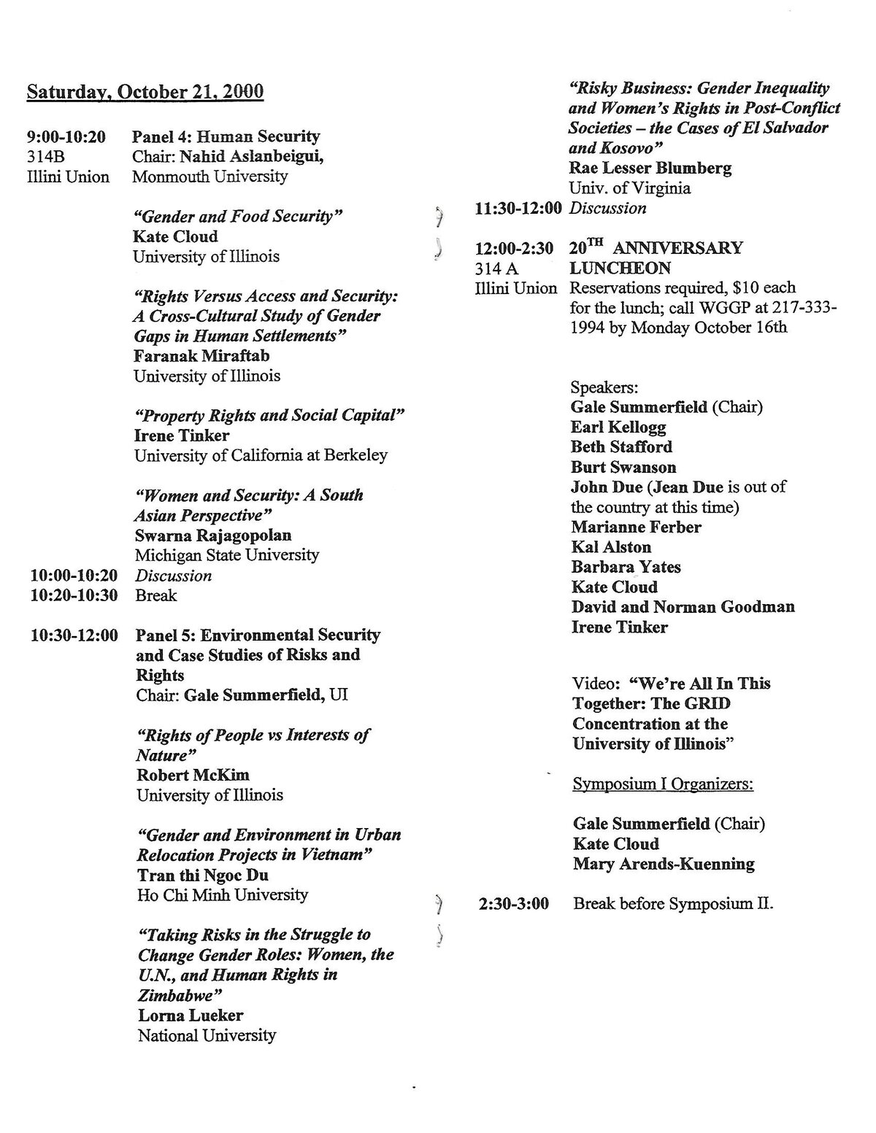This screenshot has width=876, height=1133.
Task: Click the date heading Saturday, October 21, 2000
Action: point(145,93)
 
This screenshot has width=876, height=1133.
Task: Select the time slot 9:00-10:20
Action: point(66,136)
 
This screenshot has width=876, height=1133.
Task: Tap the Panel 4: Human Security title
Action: point(226,136)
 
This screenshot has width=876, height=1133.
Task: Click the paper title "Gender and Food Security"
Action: point(238,216)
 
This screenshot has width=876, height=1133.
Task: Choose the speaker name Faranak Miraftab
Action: point(201,356)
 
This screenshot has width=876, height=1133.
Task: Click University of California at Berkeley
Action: point(261,455)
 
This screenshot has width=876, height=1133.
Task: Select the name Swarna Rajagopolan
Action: point(213,535)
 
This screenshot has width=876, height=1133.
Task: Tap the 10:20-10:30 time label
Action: point(74,595)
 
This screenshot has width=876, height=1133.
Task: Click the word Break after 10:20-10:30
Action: point(156,595)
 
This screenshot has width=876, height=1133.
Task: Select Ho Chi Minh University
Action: point(223,894)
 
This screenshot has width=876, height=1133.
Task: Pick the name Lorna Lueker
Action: point(191,1015)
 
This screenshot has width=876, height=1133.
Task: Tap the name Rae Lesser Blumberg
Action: point(650,168)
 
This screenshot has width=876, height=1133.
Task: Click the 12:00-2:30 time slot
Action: point(514,248)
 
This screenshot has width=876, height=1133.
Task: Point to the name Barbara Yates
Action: point(626,567)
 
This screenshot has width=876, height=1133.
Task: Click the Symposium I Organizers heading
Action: point(663,784)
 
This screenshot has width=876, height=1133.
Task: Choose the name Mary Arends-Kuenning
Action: point(664,865)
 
